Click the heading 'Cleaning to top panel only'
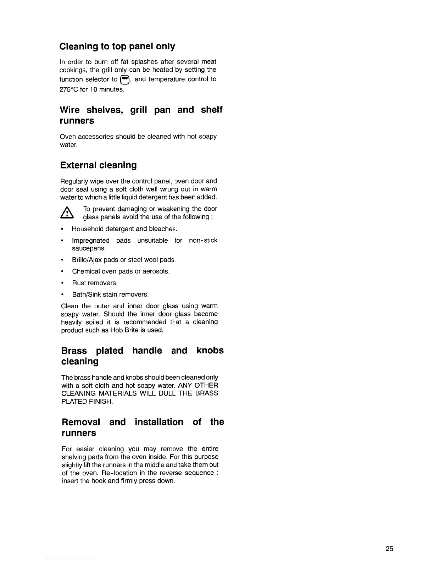coord(117,46)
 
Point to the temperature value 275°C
coord(69,89)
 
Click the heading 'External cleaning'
coord(98,165)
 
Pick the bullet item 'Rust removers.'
coord(95,283)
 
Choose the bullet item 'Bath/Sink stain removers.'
coord(110,294)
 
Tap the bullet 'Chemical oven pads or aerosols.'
coord(121,271)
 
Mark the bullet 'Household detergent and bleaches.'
coord(124,229)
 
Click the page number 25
coord(389,549)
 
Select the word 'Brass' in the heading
coord(74,351)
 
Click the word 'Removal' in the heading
coord(81,422)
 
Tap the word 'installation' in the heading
coord(159,422)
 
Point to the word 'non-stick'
coord(203,241)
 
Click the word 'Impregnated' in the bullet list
coord(91,241)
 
